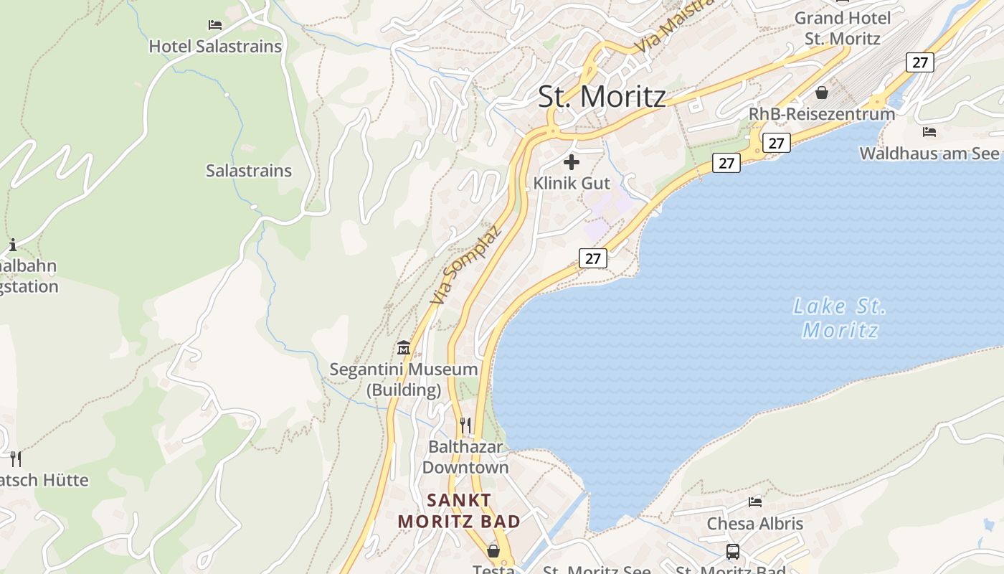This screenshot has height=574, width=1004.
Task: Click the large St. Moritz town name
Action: [602, 97]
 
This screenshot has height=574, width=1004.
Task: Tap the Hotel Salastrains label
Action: [215, 47]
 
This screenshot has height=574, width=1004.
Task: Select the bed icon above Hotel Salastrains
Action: [215, 25]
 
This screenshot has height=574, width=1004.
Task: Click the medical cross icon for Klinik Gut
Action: [572, 161]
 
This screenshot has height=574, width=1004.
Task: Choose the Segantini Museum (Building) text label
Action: [404, 380]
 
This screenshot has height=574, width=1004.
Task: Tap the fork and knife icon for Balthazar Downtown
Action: [465, 425]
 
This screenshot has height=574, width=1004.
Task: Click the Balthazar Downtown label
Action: [465, 457]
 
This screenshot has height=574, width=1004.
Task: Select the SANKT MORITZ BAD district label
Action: [459, 511]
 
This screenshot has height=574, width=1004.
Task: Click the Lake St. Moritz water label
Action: [840, 318]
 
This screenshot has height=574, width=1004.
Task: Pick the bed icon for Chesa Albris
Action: [754, 502]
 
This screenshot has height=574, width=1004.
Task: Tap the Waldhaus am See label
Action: [929, 154]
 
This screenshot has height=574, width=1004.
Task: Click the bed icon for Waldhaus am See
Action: [929, 132]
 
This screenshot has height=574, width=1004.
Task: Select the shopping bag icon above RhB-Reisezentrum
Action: [822, 93]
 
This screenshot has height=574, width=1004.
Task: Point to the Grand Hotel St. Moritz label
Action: [843, 28]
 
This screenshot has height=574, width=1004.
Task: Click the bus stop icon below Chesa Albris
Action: [732, 552]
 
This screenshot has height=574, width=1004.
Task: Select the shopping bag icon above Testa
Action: [493, 551]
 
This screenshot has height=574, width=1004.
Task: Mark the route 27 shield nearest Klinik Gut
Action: [593, 258]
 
